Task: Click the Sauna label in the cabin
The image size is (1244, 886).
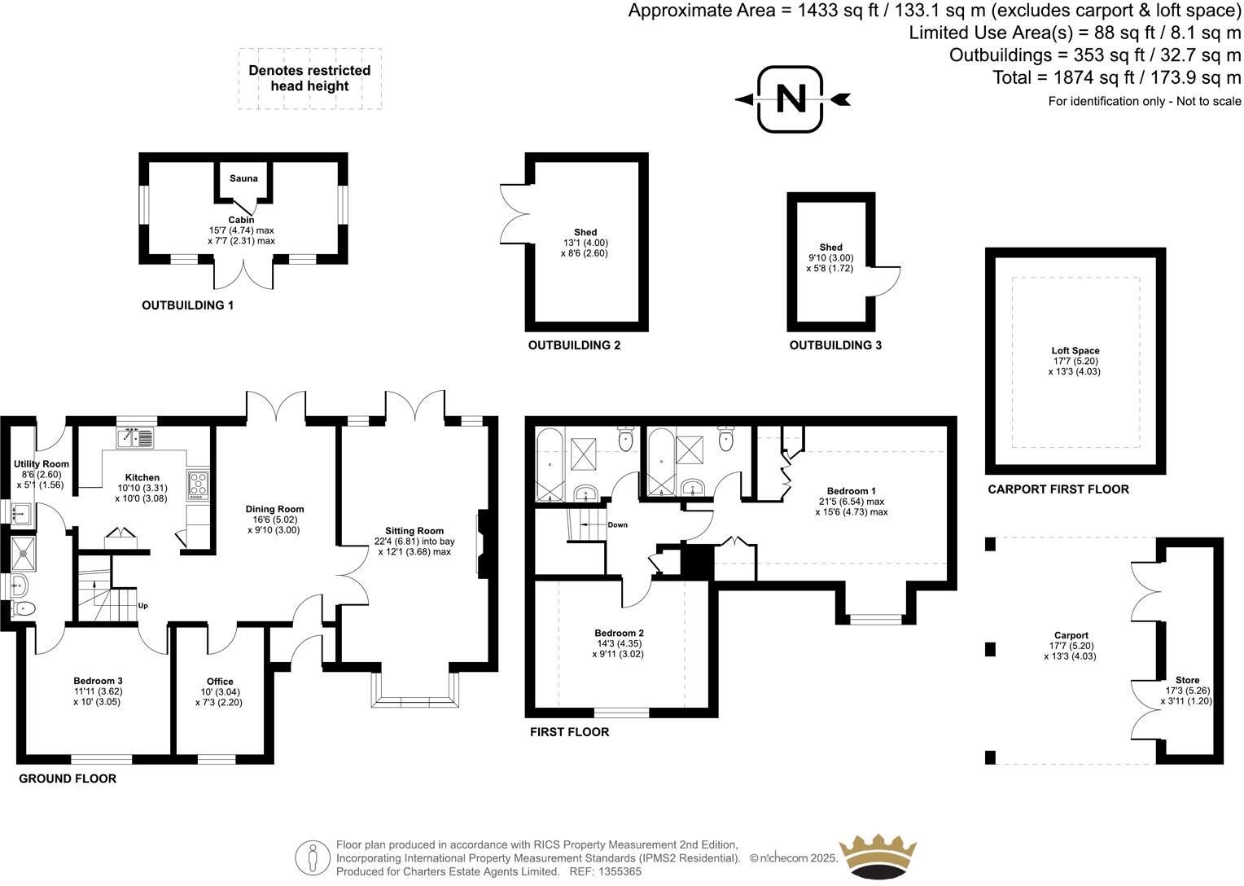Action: coord(243,178)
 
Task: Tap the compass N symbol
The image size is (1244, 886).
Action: coord(790,99)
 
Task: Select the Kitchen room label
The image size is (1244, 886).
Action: coord(142,478)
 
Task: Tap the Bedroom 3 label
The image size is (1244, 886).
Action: coord(98,681)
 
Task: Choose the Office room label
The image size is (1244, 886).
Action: coord(220,682)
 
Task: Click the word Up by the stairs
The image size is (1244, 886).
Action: coord(143,606)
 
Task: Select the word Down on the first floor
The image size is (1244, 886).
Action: coord(617,525)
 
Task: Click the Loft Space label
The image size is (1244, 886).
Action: coord(1075,351)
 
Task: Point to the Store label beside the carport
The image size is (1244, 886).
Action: coord(1187,680)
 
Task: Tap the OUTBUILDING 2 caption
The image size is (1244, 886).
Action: coord(574,345)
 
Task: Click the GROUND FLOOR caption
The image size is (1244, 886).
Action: coord(68,779)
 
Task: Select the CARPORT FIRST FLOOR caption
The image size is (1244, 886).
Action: coord(1058,489)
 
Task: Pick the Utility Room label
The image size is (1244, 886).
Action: coord(42,464)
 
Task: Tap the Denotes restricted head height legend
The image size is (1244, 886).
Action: coord(309,78)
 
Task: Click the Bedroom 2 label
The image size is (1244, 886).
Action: coord(619,634)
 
